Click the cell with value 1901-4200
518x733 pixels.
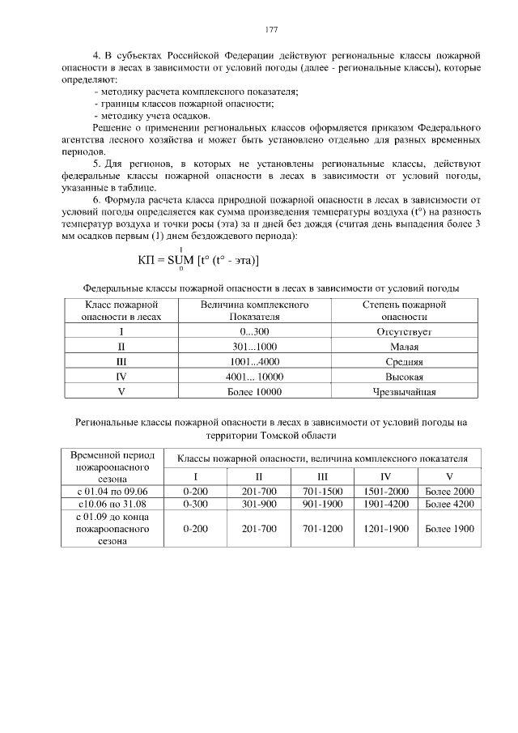pos(385,504)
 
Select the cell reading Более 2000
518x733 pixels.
pos(449,491)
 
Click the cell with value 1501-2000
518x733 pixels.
pos(385,491)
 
